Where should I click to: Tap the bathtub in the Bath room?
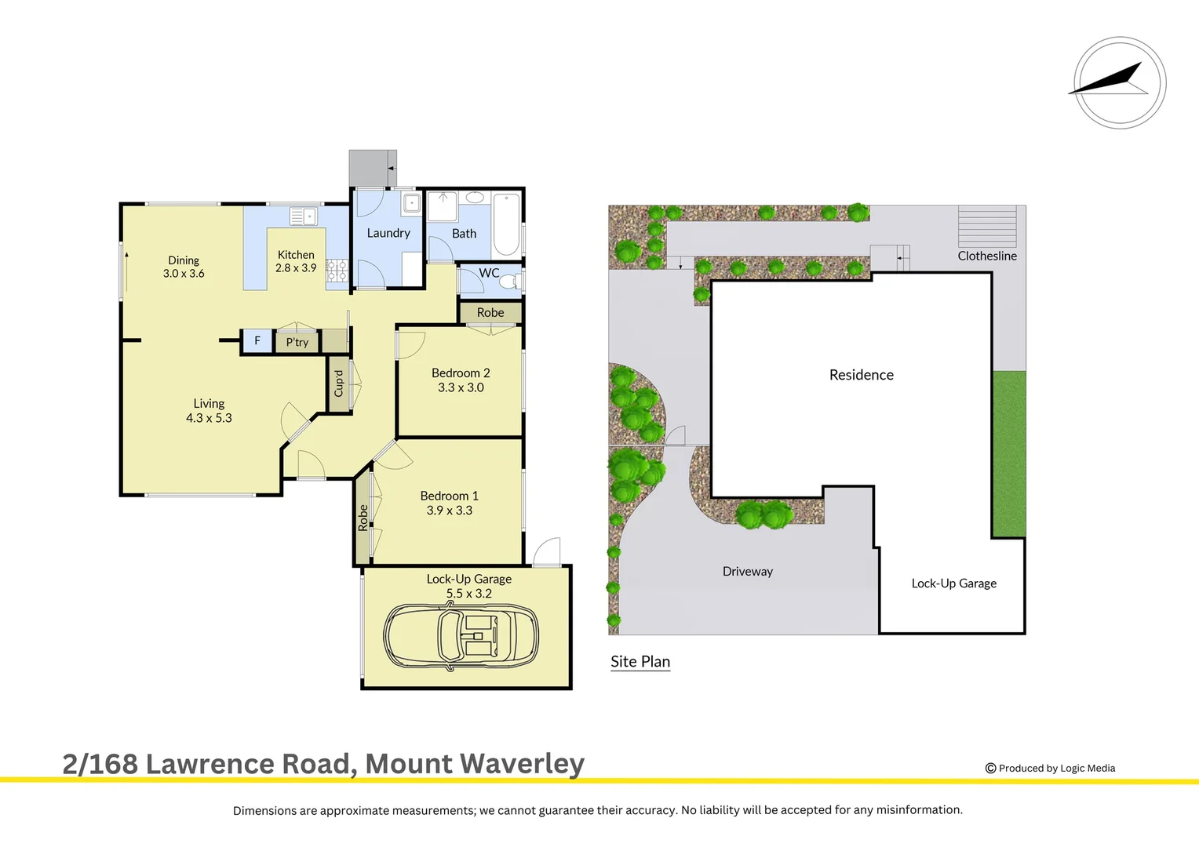[506, 224]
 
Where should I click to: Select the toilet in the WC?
[509, 281]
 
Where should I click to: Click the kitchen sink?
[303, 216]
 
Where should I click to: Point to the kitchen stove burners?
[337, 271]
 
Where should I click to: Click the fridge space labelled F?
[257, 341]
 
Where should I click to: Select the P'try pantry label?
[297, 342]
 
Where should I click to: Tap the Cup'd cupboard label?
[339, 384]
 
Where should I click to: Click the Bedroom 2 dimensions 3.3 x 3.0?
[461, 387]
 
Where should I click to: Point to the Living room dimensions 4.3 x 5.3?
[209, 418]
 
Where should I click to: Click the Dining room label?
[184, 260]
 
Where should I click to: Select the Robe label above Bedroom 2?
[490, 312]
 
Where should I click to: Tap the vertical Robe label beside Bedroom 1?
[363, 518]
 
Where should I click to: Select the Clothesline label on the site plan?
[986, 256]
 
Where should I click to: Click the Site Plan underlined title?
[640, 661]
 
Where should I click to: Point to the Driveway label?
[747, 571]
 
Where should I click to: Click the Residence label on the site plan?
[861, 375]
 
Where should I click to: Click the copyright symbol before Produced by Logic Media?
[990, 769]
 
